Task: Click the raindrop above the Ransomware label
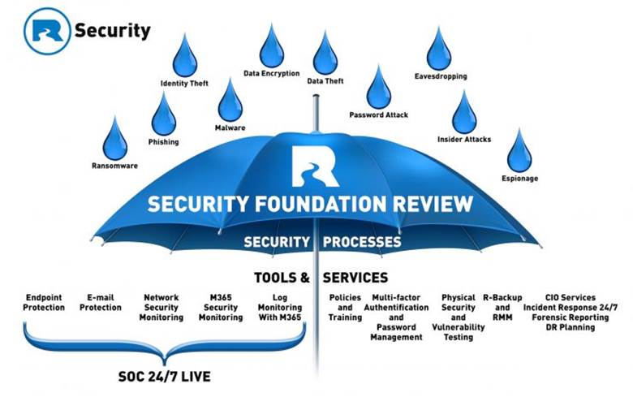click(x=114, y=139)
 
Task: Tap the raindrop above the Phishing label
click(x=163, y=114)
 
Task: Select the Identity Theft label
click(x=184, y=83)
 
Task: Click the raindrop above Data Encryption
click(x=271, y=46)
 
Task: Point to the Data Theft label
click(x=325, y=81)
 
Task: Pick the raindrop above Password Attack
click(x=378, y=88)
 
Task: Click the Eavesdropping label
click(x=439, y=78)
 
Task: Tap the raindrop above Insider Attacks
click(x=464, y=113)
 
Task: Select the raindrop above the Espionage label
click(x=519, y=151)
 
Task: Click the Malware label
click(x=230, y=127)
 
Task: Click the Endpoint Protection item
click(x=45, y=303)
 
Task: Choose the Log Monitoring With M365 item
click(x=279, y=308)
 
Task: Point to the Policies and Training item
click(x=345, y=308)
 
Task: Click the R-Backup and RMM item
click(x=502, y=303)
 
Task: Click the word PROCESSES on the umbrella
click(x=362, y=242)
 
